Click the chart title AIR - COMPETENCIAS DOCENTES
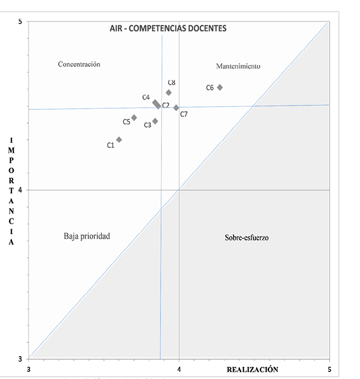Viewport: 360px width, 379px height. (x=168, y=28)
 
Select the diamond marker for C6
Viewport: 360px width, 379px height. (x=220, y=87)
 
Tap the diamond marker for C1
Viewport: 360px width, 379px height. (x=119, y=140)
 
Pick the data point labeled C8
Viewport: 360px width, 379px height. (x=169, y=92)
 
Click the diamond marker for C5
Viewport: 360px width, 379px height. (x=134, y=118)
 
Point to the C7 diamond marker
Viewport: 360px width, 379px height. (x=176, y=108)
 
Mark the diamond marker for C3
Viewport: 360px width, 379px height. (x=155, y=121)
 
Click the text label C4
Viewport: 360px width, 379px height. (x=146, y=97)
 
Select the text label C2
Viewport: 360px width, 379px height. (x=166, y=105)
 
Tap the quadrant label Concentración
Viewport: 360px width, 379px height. (x=79, y=65)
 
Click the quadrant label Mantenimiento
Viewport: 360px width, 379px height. (x=238, y=67)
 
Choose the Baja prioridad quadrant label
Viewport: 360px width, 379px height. (x=87, y=236)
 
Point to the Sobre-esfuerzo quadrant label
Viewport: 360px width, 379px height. (x=247, y=237)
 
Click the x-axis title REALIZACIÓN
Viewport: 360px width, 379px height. (x=252, y=369)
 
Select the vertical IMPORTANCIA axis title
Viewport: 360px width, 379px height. (x=11, y=191)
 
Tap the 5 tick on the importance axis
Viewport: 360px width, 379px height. (x=20, y=22)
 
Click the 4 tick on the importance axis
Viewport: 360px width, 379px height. (x=20, y=190)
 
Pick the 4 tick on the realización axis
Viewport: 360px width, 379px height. (x=179, y=368)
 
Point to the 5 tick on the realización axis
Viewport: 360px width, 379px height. (x=329, y=368)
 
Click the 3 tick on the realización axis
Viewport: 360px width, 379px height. (x=28, y=368)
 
